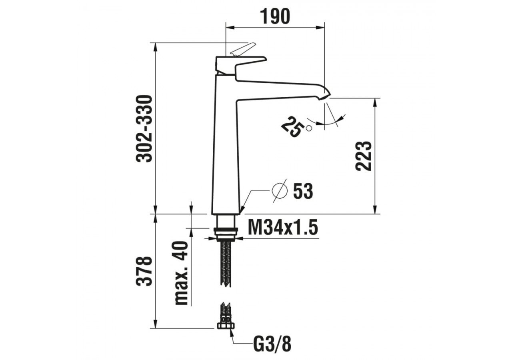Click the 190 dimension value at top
point(275,16)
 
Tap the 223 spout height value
point(364,156)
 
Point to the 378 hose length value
point(144,271)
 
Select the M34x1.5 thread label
point(282,228)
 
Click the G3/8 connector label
point(272,344)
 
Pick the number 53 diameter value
point(303,191)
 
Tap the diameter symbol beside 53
point(279,190)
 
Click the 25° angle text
point(294,126)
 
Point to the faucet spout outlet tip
point(326,96)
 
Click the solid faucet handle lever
point(240,64)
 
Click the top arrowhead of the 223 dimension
point(375,102)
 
